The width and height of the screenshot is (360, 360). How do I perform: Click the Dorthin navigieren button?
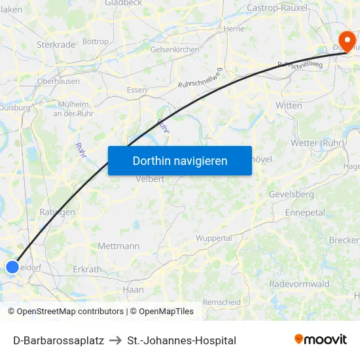point(180,160)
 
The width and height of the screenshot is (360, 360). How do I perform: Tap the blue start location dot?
point(12,266)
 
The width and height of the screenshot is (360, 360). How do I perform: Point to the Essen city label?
point(137,90)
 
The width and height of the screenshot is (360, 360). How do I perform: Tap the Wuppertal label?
point(214,238)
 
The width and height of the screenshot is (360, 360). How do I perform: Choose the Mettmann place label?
point(118,246)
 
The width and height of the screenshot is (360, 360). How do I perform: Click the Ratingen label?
point(58,212)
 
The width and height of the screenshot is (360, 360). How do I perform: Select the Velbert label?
point(150,179)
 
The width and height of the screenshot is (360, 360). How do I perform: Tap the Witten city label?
point(289,105)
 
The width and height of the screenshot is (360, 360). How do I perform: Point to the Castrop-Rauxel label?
point(278,8)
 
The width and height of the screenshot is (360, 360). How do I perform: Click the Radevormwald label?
point(299,284)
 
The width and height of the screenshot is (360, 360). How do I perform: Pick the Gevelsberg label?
point(291,194)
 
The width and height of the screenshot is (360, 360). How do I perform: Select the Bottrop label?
point(96,41)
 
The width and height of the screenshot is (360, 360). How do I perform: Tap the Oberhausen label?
point(59,81)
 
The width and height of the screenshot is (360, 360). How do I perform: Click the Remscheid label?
point(221,302)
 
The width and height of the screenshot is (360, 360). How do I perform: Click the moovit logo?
point(321,339)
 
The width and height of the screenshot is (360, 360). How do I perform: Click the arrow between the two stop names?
point(115,340)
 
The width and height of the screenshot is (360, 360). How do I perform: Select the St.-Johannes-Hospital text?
point(182,340)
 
